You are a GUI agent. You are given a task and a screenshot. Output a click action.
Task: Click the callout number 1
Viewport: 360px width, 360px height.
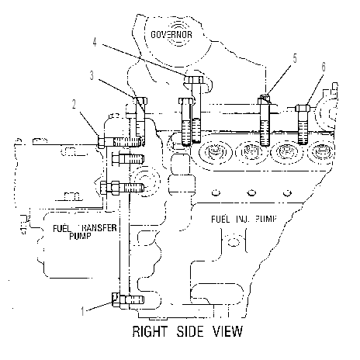pos(82,311)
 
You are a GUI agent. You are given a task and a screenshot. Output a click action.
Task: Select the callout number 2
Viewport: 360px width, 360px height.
pos(74,104)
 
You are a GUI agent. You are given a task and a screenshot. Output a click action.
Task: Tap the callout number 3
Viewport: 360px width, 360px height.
pos(92,75)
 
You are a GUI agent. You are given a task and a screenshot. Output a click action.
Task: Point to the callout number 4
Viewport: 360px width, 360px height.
pos(95,42)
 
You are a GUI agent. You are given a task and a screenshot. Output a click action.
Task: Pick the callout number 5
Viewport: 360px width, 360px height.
pos(295,58)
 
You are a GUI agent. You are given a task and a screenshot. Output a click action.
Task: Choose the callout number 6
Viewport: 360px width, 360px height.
pos(324,67)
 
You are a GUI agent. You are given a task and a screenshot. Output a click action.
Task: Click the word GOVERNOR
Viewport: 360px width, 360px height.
pos(171,35)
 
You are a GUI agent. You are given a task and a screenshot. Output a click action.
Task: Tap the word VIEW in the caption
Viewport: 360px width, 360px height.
pos(227,331)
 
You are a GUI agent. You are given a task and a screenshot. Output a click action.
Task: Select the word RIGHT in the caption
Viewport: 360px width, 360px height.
pos(150,331)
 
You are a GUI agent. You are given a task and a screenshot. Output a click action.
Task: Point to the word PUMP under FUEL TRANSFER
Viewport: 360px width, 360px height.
pos(80,236)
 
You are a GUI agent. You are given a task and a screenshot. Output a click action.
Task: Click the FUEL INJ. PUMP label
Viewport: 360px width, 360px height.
pos(244,219)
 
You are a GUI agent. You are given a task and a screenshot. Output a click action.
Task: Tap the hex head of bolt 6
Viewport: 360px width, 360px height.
pos(303,108)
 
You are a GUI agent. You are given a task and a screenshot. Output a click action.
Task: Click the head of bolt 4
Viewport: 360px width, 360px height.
pos(194,79)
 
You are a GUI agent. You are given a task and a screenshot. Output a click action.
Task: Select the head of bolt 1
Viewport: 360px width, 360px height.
pos(116,299)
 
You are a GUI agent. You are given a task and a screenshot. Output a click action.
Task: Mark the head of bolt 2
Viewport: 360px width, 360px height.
pos(101,142)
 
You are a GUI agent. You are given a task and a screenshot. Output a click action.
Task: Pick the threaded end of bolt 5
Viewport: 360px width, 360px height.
pos(265,133)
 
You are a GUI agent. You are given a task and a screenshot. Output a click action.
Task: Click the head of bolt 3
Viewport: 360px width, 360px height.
pos(140,101)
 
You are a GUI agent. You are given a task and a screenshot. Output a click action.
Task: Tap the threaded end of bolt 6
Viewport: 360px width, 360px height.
pos(303,133)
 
